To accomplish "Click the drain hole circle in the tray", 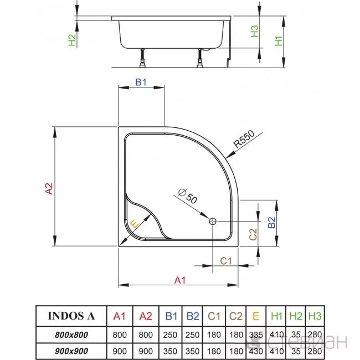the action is [213, 222].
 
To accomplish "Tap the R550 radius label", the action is [244, 139].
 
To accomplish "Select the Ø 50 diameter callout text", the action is [188, 196].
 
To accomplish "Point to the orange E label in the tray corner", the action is [135, 224].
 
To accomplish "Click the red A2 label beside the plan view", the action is [49, 188].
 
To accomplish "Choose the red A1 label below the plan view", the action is [180, 280].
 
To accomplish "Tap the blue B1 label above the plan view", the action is [141, 82].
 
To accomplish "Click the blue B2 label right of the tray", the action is [271, 222].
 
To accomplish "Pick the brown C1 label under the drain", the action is [226, 261].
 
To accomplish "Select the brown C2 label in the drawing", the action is [253, 234].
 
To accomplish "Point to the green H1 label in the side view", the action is [279, 41].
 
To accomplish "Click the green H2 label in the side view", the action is [72, 40].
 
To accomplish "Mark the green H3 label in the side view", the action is [254, 31].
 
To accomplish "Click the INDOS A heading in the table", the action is [71, 316].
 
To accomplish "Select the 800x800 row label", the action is [71, 335].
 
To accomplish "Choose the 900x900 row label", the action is [71, 351].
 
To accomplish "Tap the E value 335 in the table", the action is [256, 335].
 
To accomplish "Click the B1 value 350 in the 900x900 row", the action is [170, 351].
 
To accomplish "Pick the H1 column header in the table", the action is [276, 316].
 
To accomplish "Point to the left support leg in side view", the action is [142, 58].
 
